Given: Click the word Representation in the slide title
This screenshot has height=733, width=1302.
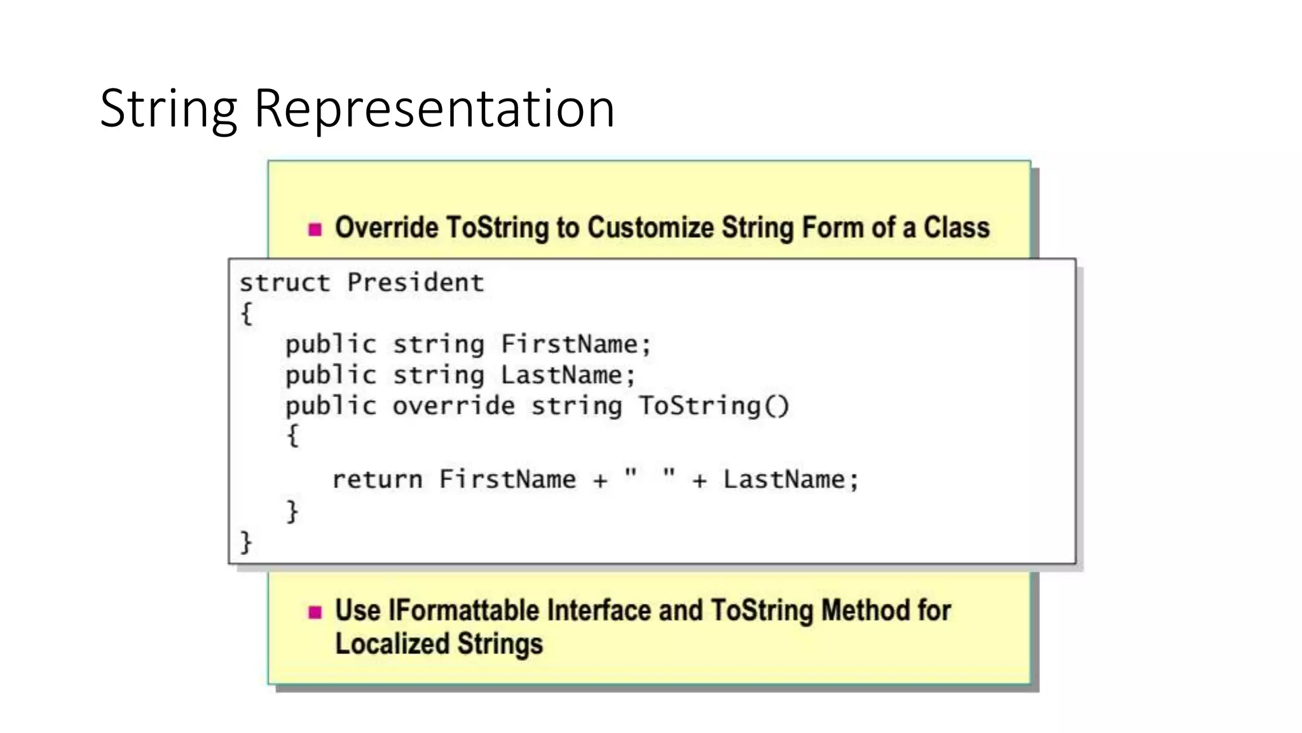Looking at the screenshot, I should tap(434, 109).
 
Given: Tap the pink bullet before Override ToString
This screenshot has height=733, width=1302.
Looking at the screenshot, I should tap(315, 229).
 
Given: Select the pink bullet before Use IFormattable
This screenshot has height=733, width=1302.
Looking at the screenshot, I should tap(315, 612).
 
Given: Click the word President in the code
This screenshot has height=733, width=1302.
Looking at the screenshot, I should tap(416, 283).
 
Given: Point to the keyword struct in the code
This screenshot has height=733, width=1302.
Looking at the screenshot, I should tap(285, 283).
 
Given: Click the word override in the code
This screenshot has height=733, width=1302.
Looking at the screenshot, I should tap(454, 406).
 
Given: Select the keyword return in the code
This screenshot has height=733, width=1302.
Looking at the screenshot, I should tap(377, 480).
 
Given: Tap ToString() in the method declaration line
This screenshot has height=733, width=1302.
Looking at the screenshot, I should tap(713, 406).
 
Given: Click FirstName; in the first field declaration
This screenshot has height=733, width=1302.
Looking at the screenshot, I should tap(576, 344).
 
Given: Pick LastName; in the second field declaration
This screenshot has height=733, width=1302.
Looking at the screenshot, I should tap(568, 375).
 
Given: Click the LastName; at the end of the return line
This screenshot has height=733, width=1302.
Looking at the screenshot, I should tap(791, 480).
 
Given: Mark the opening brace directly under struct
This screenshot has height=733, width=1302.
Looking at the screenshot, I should tap(247, 313).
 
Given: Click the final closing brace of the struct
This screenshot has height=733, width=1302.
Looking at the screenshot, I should tap(246, 542).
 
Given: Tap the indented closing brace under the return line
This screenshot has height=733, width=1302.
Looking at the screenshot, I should tap(292, 512).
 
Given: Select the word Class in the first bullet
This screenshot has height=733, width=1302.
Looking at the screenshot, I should tap(957, 228).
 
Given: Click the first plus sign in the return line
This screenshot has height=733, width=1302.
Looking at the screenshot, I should tap(600, 481).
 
